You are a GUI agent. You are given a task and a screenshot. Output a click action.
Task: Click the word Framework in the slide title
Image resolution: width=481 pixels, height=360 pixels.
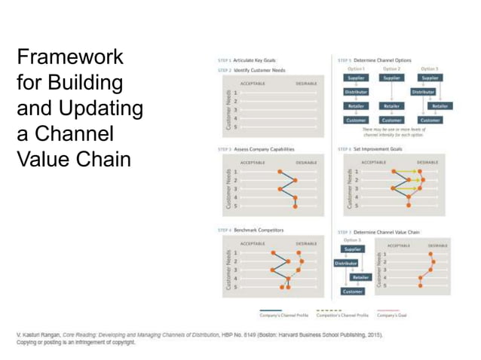click(x=70, y=57)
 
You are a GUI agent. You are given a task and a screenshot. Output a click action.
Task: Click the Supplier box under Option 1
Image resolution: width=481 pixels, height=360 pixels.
click(x=355, y=78)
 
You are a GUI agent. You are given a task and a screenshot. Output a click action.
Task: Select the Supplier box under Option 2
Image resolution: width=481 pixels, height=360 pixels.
click(x=392, y=78)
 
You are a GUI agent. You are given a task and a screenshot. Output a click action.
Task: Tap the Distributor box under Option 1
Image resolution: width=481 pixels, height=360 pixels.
click(x=355, y=92)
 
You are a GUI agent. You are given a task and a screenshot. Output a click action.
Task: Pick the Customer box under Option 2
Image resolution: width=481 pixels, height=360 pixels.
click(x=392, y=120)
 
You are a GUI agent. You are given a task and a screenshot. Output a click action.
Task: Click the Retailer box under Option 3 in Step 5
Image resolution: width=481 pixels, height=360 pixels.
click(x=440, y=106)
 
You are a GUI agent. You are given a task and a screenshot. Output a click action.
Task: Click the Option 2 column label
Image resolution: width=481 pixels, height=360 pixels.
click(x=392, y=69)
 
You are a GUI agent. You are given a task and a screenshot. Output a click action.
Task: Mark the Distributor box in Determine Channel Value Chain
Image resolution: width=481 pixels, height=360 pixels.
click(x=346, y=264)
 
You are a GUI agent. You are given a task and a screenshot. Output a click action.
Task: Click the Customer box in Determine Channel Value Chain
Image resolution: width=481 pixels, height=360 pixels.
click(x=353, y=291)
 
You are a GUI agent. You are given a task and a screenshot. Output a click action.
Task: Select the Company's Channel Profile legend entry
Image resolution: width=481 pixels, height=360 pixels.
click(x=283, y=315)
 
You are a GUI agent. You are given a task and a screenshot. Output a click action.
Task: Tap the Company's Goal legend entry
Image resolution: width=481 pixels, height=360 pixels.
click(x=392, y=315)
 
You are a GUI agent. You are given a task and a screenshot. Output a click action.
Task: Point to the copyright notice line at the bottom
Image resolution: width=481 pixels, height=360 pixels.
click(x=75, y=341)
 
